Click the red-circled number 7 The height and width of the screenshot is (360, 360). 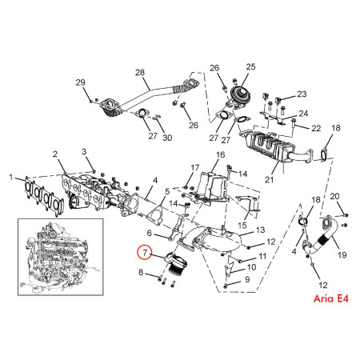point(143,253)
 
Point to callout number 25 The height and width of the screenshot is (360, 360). point(250,66)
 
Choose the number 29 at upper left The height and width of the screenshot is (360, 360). point(80,83)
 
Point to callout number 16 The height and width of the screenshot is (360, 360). point(220,154)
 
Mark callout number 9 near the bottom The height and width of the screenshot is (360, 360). point(247,279)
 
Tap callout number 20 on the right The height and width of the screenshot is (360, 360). point(335,196)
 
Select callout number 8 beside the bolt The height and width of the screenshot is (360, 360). point(142,274)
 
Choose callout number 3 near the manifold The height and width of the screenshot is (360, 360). point(83,152)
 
